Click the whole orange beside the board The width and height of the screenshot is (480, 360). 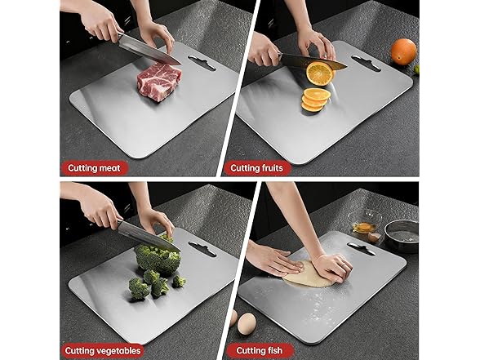(403, 51)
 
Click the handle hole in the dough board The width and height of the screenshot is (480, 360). (362, 247)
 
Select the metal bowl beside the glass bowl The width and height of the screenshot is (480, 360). (401, 233)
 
